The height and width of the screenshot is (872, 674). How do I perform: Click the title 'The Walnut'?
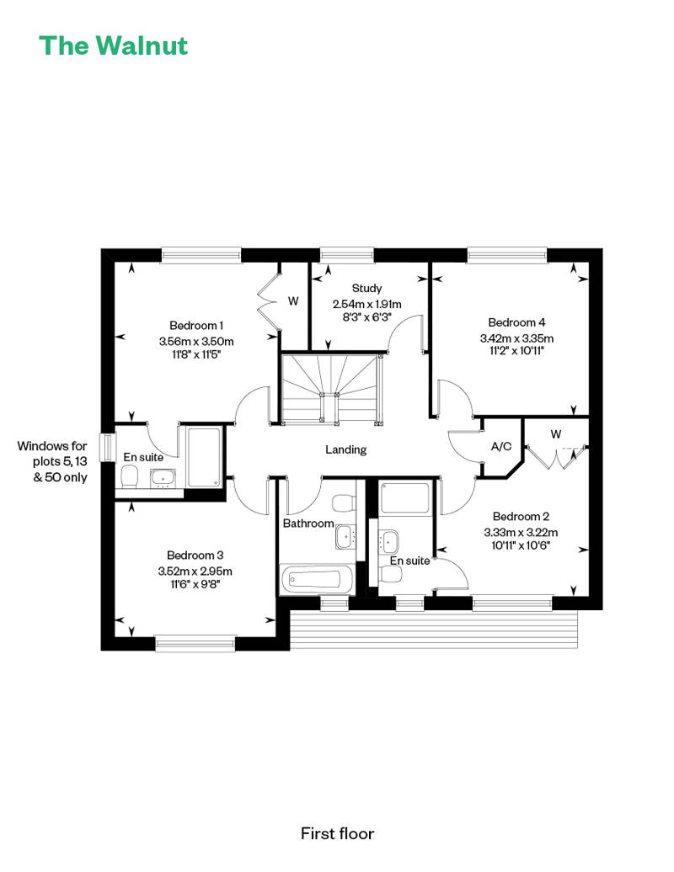pos(114,45)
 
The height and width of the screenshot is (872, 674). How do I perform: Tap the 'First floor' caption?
pos(337,833)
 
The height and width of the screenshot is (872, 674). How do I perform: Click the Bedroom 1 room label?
pos(196,326)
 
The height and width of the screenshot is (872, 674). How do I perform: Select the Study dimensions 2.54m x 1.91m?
pos(366,304)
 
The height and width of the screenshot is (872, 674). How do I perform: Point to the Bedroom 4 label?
pos(516,322)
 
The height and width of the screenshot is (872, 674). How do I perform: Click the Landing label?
pos(345,449)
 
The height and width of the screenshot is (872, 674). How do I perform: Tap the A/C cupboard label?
pos(501,447)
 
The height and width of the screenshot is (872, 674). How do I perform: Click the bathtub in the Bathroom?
pos(315,580)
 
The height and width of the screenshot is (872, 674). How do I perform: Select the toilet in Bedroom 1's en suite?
pos(129,476)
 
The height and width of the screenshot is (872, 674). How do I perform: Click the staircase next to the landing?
pos(330,388)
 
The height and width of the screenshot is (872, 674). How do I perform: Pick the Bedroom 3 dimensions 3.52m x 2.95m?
pos(195,572)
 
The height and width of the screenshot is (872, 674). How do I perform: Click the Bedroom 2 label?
pos(521,517)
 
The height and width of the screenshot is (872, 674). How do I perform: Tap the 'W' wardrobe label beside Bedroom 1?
pos(293,300)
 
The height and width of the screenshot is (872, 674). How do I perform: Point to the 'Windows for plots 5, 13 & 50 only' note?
pos(52,461)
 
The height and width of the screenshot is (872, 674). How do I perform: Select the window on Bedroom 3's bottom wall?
pos(195,643)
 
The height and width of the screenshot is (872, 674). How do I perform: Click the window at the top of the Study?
pos(347,255)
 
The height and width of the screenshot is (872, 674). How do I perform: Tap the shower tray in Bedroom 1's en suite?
pos(204,457)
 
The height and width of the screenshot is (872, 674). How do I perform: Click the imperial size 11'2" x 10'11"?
pos(516,350)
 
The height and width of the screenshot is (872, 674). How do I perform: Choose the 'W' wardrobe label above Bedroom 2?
pos(555,434)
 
